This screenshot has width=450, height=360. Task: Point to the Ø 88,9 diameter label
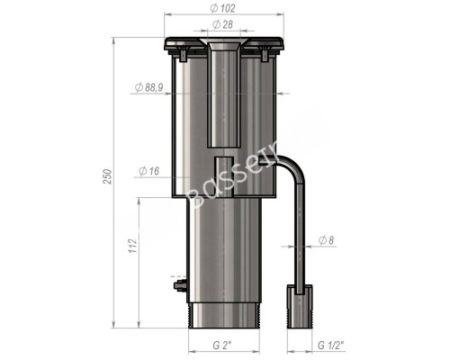click(148, 87)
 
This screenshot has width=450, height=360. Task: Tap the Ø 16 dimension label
click(148, 170)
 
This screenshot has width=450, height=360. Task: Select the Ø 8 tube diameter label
click(328, 240)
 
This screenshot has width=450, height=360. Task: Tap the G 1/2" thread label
click(332, 344)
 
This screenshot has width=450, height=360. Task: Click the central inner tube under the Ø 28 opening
click(222, 99)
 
